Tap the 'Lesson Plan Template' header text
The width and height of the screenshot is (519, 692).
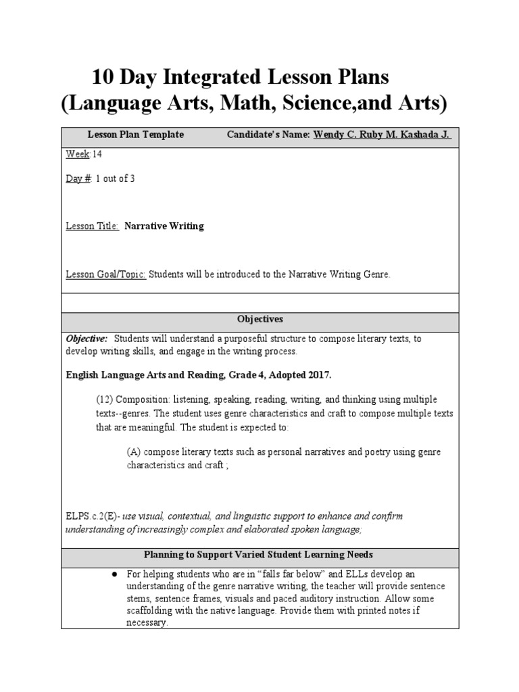(136, 134)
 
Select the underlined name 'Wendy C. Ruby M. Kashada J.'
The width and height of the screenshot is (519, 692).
(382, 134)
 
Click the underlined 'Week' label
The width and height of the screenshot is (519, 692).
(78, 154)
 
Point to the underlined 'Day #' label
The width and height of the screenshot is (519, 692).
(78, 179)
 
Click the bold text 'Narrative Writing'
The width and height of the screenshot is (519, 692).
(164, 226)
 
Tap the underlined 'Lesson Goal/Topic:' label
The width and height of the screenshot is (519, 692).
(105, 274)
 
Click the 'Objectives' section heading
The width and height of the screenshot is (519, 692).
(259, 318)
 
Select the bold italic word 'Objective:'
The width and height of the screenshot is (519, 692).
(86, 339)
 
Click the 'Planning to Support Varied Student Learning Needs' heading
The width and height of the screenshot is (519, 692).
(259, 555)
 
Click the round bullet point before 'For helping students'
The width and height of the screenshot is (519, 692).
(115, 574)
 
